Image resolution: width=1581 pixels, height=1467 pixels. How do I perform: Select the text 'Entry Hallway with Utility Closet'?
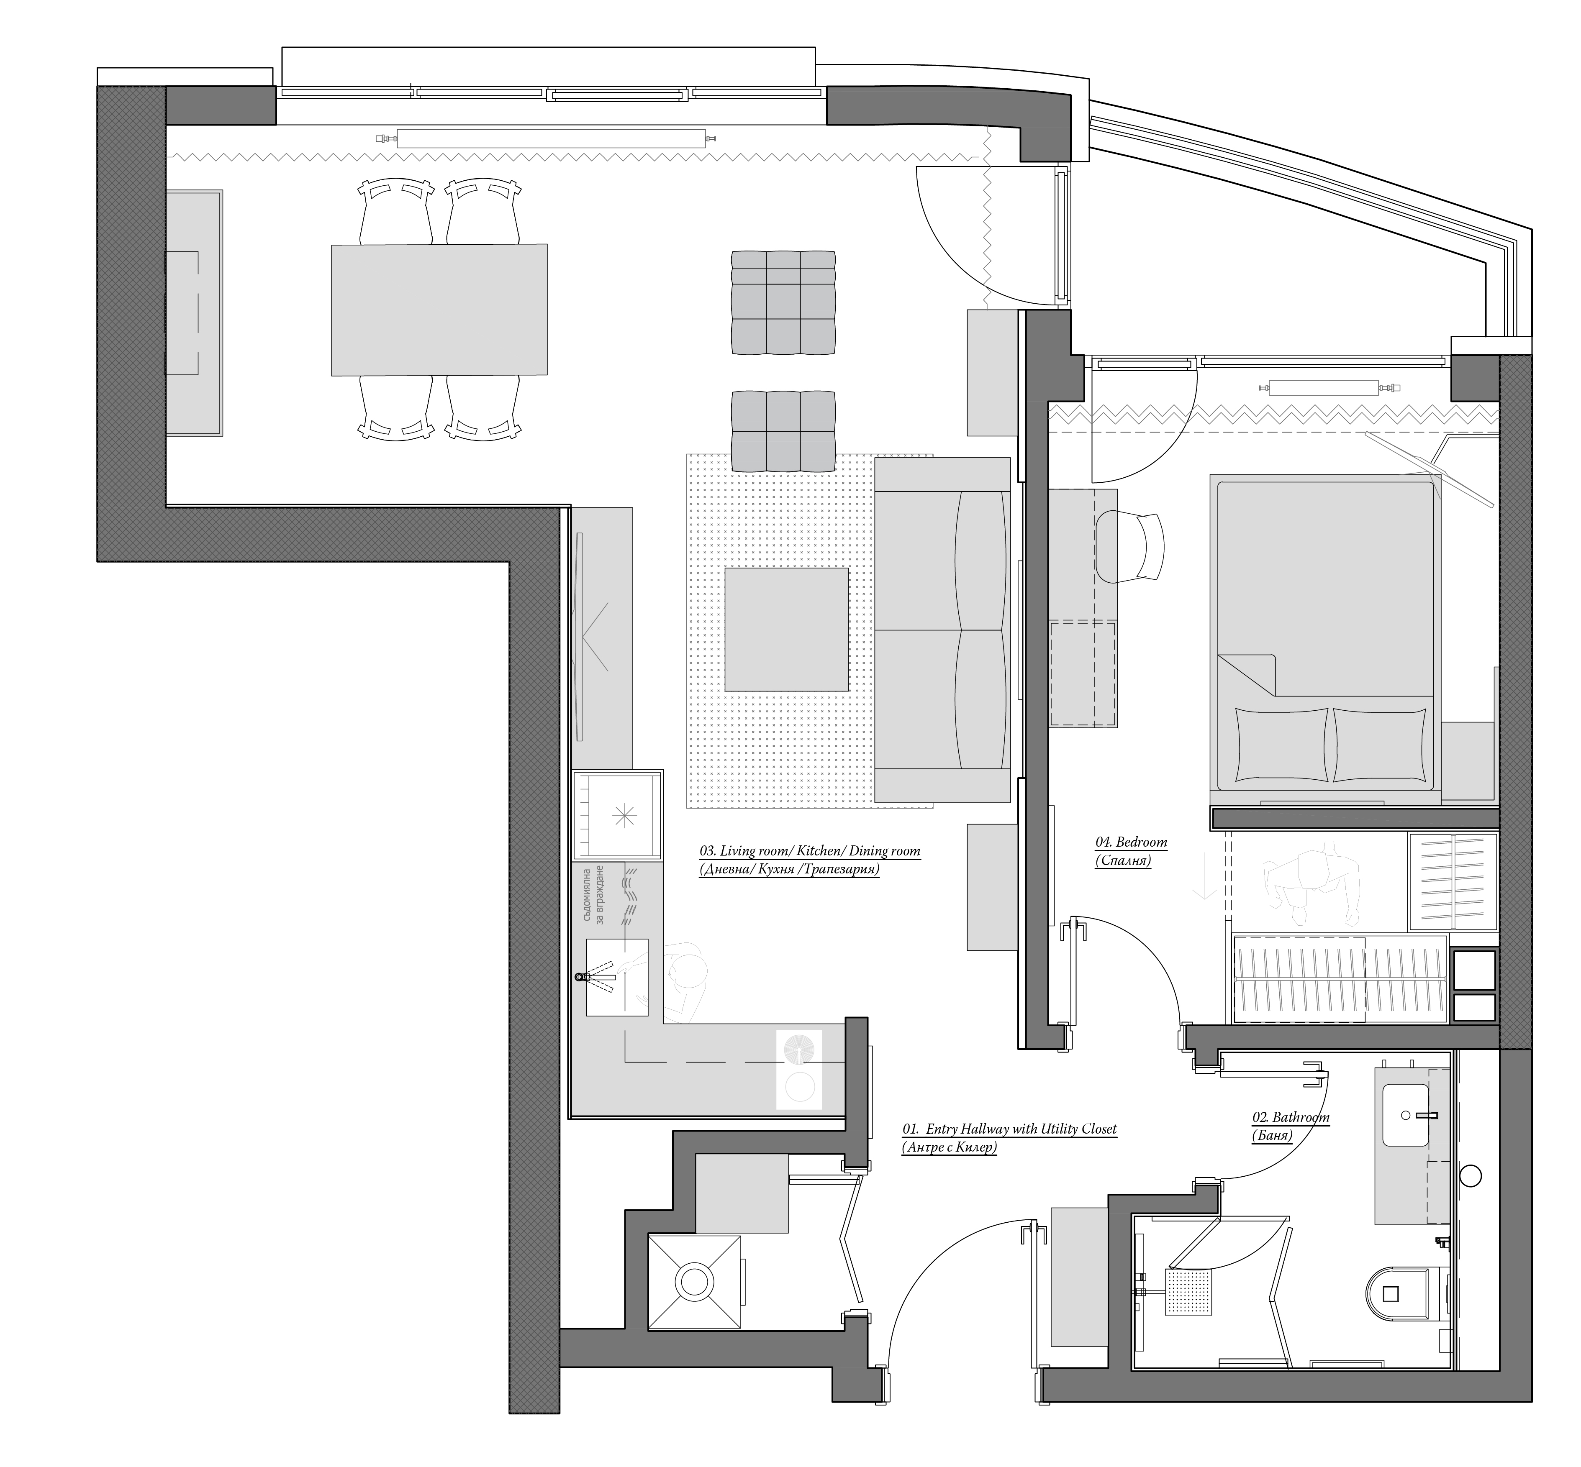[x=1021, y=1129]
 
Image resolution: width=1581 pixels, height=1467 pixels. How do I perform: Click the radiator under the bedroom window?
[x=1328, y=389]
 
